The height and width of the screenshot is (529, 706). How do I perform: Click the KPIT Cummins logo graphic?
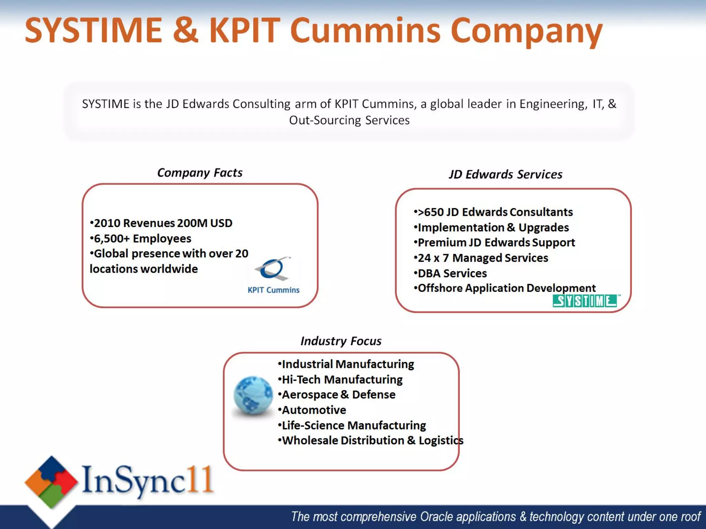(x=273, y=269)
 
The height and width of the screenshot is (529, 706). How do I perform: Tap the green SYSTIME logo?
(x=585, y=301)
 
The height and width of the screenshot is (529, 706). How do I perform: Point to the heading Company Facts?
(x=200, y=173)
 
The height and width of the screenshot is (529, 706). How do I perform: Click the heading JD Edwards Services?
(x=505, y=174)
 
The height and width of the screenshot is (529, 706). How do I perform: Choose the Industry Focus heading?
(x=341, y=341)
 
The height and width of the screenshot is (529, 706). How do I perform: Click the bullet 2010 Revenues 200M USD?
(x=161, y=223)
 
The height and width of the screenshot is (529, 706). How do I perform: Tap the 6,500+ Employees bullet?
(x=141, y=238)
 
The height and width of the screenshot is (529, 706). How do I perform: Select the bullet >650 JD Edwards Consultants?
(x=493, y=212)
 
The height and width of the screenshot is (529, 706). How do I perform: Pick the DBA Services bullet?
(x=451, y=273)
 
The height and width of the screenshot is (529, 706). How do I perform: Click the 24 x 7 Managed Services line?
(x=481, y=258)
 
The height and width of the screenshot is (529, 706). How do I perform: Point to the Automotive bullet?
(x=312, y=410)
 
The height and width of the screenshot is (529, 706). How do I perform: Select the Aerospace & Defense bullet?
(x=337, y=395)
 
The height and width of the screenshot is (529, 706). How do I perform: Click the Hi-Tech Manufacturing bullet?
(x=340, y=380)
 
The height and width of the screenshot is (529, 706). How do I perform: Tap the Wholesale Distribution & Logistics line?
(x=371, y=440)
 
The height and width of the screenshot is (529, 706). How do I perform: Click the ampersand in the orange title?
(x=185, y=30)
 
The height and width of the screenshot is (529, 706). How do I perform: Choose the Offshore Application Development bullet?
(x=505, y=288)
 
